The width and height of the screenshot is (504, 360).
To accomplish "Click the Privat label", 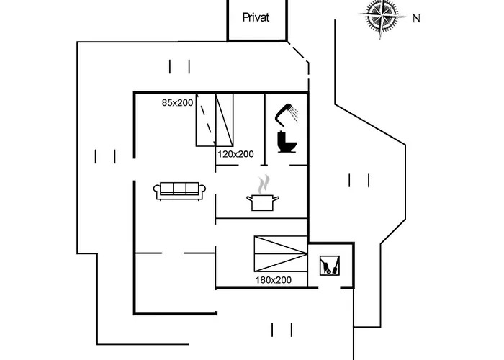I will pos(256,17).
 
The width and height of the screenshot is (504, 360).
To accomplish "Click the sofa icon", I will pos(180,190).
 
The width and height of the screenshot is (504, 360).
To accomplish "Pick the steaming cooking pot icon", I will pos(264,202).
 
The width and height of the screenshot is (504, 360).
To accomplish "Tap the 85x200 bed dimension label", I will pos(177,104).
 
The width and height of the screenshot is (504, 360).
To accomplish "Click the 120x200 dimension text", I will pos(236,154).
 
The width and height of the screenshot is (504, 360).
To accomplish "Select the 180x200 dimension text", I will pos(273,280).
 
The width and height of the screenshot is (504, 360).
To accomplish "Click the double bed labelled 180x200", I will pos(280,254).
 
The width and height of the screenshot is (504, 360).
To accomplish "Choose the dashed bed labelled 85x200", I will pos(206,120).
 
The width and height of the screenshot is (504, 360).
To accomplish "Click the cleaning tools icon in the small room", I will pos(329,266).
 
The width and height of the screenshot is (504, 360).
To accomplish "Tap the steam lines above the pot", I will pos(265,181).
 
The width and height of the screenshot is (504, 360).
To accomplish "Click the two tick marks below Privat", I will pos(179,67).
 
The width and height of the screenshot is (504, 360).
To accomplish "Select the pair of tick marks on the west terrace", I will pos(105,156).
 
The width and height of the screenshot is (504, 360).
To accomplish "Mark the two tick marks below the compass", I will pos(359,179).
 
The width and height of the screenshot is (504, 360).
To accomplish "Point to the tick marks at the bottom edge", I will pos(282,330).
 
